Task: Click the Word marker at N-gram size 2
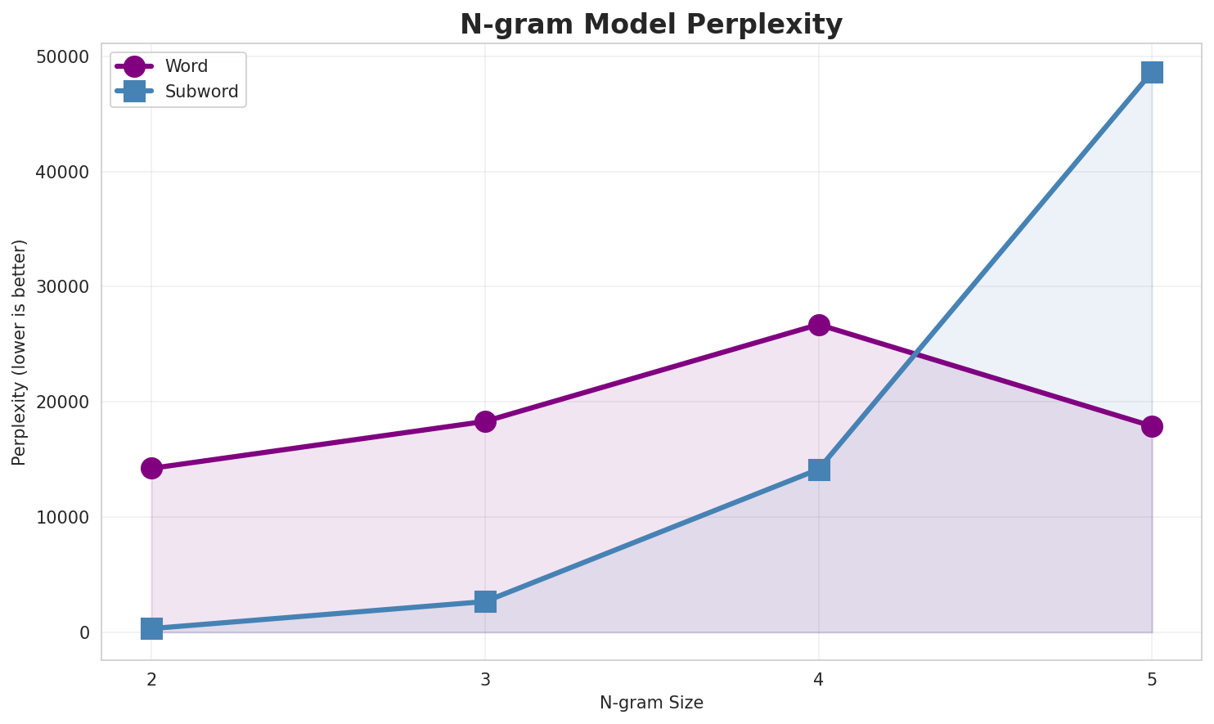(x=151, y=468)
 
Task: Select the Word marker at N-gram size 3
(x=485, y=421)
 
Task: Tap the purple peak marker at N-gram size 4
(x=819, y=325)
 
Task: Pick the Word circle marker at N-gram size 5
(x=1152, y=426)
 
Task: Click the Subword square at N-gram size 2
(x=151, y=628)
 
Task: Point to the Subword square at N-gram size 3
(x=485, y=601)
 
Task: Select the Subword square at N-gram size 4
(x=819, y=470)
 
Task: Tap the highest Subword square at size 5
(x=1152, y=72)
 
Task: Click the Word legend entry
(x=186, y=66)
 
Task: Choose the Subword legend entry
(x=201, y=92)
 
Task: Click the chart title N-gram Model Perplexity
(x=650, y=25)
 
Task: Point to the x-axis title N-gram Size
(x=650, y=703)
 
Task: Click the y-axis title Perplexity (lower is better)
(x=20, y=352)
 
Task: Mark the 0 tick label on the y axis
(x=84, y=633)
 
